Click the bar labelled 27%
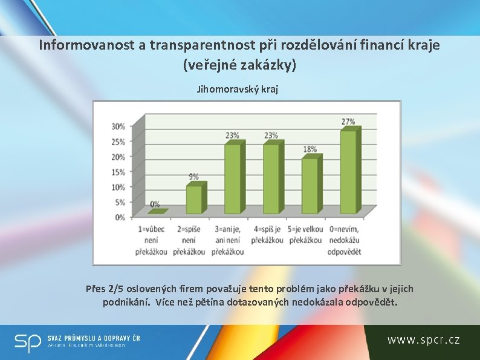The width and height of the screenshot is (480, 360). coord(348,172)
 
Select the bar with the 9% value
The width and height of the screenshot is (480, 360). coord(194,199)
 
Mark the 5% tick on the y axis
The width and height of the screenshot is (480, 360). coord(120,202)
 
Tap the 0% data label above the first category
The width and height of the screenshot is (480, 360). coord(155,205)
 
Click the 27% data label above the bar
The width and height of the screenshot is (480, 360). coord(348,122)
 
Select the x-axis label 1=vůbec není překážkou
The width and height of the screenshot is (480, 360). coord(152,240)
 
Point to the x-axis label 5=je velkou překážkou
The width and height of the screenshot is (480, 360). coord(305,235)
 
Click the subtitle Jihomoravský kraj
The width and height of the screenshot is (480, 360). coord(238,89)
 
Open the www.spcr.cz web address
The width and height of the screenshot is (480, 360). coord(423,340)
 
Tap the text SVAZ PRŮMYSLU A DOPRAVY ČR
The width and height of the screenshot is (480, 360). coord(94,338)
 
